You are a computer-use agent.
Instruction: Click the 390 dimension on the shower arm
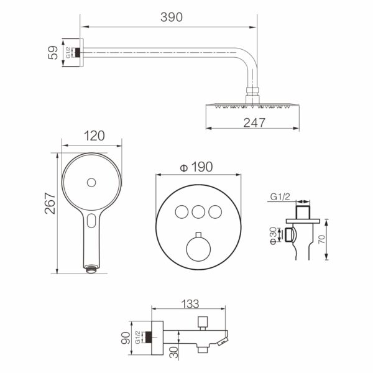[x=172, y=17]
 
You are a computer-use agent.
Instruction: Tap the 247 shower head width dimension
[x=254, y=122]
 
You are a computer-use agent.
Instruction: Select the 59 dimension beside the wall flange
[x=53, y=53]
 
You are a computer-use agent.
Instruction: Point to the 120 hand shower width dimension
[x=94, y=136]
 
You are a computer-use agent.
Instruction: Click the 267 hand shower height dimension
[x=50, y=203]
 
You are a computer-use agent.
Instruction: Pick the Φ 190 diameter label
[x=196, y=167]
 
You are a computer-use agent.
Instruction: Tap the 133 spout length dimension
[x=190, y=304]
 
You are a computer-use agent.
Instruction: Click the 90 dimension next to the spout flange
[x=126, y=338]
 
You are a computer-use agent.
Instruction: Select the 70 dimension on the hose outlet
[x=321, y=239]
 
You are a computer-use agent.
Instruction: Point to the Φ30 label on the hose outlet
[x=274, y=236]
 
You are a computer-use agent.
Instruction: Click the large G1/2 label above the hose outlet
[x=280, y=196]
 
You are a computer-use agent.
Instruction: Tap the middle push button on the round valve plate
[x=198, y=212]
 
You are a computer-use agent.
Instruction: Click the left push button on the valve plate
[x=182, y=212]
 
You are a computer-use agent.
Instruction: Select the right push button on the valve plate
[x=215, y=212]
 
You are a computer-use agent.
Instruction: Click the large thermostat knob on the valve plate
[x=198, y=249]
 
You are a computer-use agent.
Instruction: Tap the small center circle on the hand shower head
[x=91, y=182]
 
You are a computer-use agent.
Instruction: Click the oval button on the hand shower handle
[x=91, y=221]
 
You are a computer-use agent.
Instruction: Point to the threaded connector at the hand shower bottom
[x=91, y=270]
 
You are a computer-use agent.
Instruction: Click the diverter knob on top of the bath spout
[x=203, y=323]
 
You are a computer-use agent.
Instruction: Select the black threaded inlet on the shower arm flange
[x=77, y=52]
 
